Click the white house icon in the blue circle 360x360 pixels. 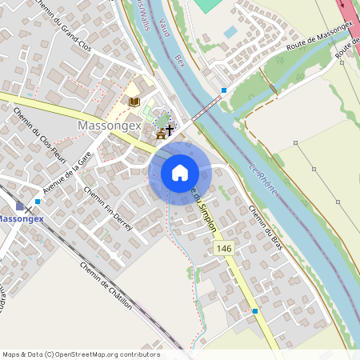180,172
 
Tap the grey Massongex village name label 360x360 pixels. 110,126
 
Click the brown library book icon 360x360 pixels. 134,102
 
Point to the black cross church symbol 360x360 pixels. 170,128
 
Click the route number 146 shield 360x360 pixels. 224,250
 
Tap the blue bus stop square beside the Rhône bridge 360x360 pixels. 225,90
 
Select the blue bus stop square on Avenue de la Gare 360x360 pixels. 38,202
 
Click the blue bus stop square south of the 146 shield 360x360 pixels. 255,310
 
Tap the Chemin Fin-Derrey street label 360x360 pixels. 107,204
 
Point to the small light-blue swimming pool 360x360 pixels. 230,32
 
